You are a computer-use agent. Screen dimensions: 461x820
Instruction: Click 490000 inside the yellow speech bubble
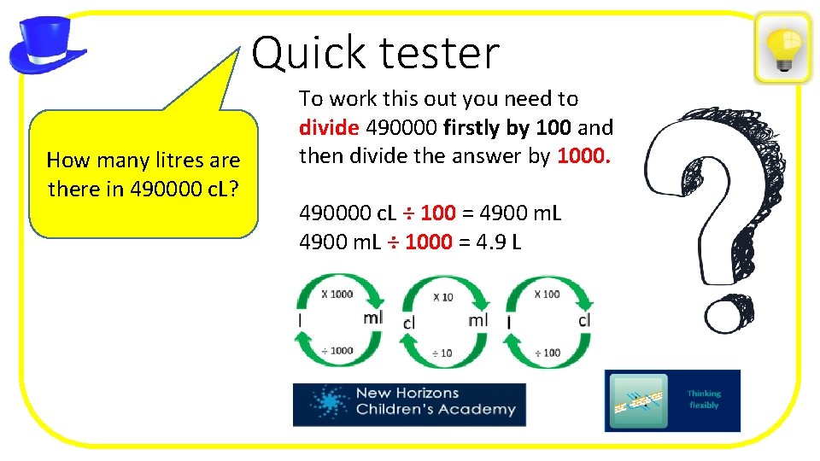pyautogui.click(x=167, y=189)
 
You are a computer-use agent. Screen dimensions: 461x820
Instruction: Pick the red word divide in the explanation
pyautogui.click(x=329, y=128)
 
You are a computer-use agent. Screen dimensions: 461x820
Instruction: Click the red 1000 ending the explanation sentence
pyautogui.click(x=584, y=156)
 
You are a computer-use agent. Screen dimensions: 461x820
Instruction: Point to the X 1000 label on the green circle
pyautogui.click(x=337, y=294)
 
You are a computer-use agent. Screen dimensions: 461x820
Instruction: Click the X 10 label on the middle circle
pyautogui.click(x=442, y=297)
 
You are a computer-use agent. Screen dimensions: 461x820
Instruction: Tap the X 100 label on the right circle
pyautogui.click(x=547, y=294)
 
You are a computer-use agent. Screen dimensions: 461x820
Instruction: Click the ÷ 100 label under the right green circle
pyautogui.click(x=547, y=353)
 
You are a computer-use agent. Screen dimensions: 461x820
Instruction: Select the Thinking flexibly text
pyautogui.click(x=704, y=400)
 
